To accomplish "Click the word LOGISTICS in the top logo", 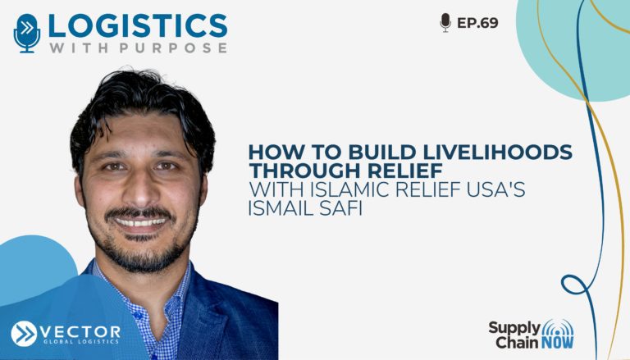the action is (x=138, y=25).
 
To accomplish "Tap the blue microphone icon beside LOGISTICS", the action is (x=27, y=34).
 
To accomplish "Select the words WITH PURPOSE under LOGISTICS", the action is (x=138, y=48).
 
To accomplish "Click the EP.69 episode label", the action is (x=477, y=23).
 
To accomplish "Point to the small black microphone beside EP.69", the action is (x=445, y=22).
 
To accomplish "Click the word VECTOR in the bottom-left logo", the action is (x=80, y=332).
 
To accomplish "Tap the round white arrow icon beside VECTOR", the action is (x=24, y=334).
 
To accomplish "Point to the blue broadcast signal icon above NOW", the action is (x=558, y=328).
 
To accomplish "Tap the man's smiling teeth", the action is (x=140, y=221).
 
